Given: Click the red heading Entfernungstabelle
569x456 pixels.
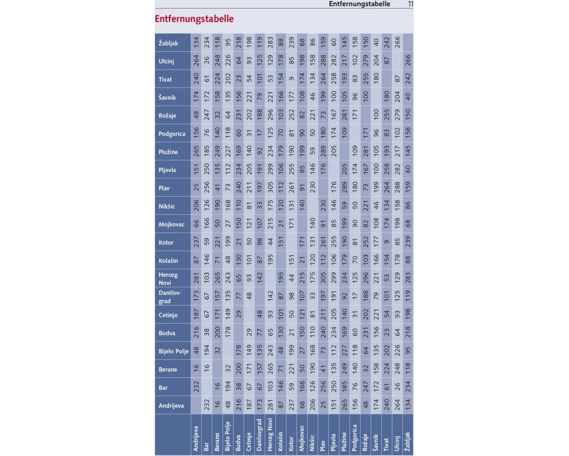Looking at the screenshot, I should [194, 19].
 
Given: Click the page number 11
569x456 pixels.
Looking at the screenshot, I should [410, 4].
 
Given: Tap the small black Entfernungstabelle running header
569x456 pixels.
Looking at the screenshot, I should [360, 4].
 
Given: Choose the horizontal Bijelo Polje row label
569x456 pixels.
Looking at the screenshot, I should [173, 351].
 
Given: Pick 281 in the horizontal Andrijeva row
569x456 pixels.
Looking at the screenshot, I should [270, 406].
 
